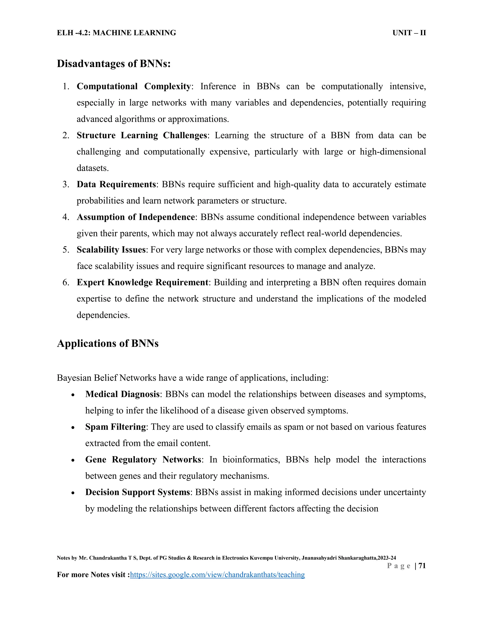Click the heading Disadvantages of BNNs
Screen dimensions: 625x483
pos(114,63)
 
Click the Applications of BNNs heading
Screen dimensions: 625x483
pos(108,343)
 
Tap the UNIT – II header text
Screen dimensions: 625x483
pos(409,33)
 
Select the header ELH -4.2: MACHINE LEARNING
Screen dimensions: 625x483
pos(117,33)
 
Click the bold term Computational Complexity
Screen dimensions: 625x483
pos(134,86)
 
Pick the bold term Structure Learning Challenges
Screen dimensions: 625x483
pos(142,135)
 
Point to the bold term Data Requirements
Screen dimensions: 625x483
pos(116,184)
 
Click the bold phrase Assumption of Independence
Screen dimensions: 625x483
pos(136,217)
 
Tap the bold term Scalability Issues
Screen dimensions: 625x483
pos(111,250)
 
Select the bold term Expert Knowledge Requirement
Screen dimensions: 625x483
pos(142,283)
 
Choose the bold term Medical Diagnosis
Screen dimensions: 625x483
pos(122,394)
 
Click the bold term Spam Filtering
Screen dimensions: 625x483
pos(116,427)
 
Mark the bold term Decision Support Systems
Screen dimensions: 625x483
pos(137,492)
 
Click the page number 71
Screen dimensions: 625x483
pos(422,566)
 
